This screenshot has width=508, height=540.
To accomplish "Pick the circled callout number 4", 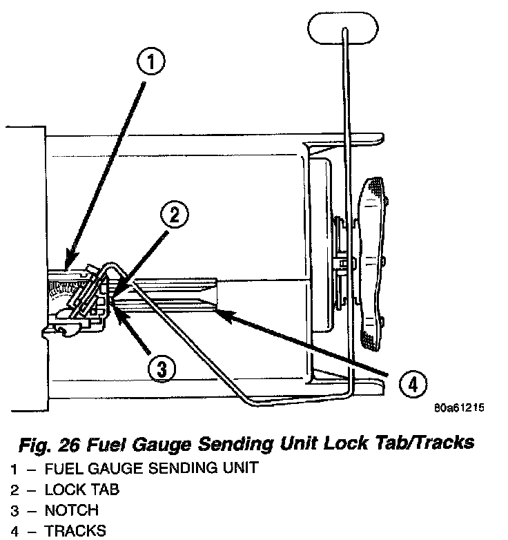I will (412, 385).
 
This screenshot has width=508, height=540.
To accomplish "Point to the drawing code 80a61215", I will (459, 408).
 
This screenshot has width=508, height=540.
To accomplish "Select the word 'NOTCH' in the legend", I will (72, 511).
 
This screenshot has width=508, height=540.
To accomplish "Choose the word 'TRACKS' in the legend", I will (76, 531).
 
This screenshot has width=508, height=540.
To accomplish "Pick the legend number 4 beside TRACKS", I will (14, 531).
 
